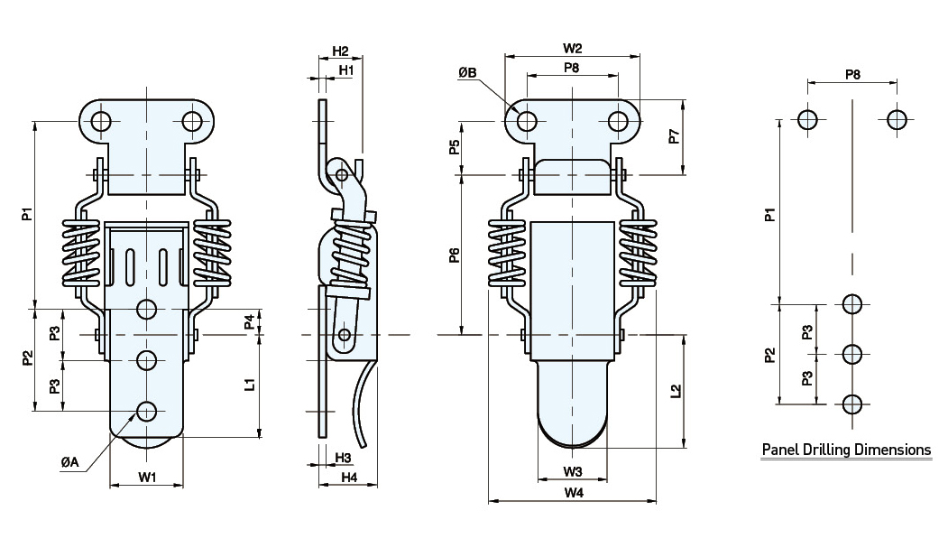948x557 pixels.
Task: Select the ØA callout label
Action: [70, 462]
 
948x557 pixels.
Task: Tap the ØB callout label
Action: [467, 71]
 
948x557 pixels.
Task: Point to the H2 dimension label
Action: [340, 51]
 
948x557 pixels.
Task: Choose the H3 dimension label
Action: [343, 458]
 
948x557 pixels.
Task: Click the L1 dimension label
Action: [251, 384]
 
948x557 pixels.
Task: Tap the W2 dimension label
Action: [572, 48]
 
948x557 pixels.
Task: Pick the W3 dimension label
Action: [572, 472]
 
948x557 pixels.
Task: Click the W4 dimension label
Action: [572, 493]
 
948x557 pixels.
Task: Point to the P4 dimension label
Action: [250, 321]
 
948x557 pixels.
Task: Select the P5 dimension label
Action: [455, 147]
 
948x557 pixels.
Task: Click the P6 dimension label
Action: [455, 255]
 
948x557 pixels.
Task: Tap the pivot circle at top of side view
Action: [340, 173]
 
